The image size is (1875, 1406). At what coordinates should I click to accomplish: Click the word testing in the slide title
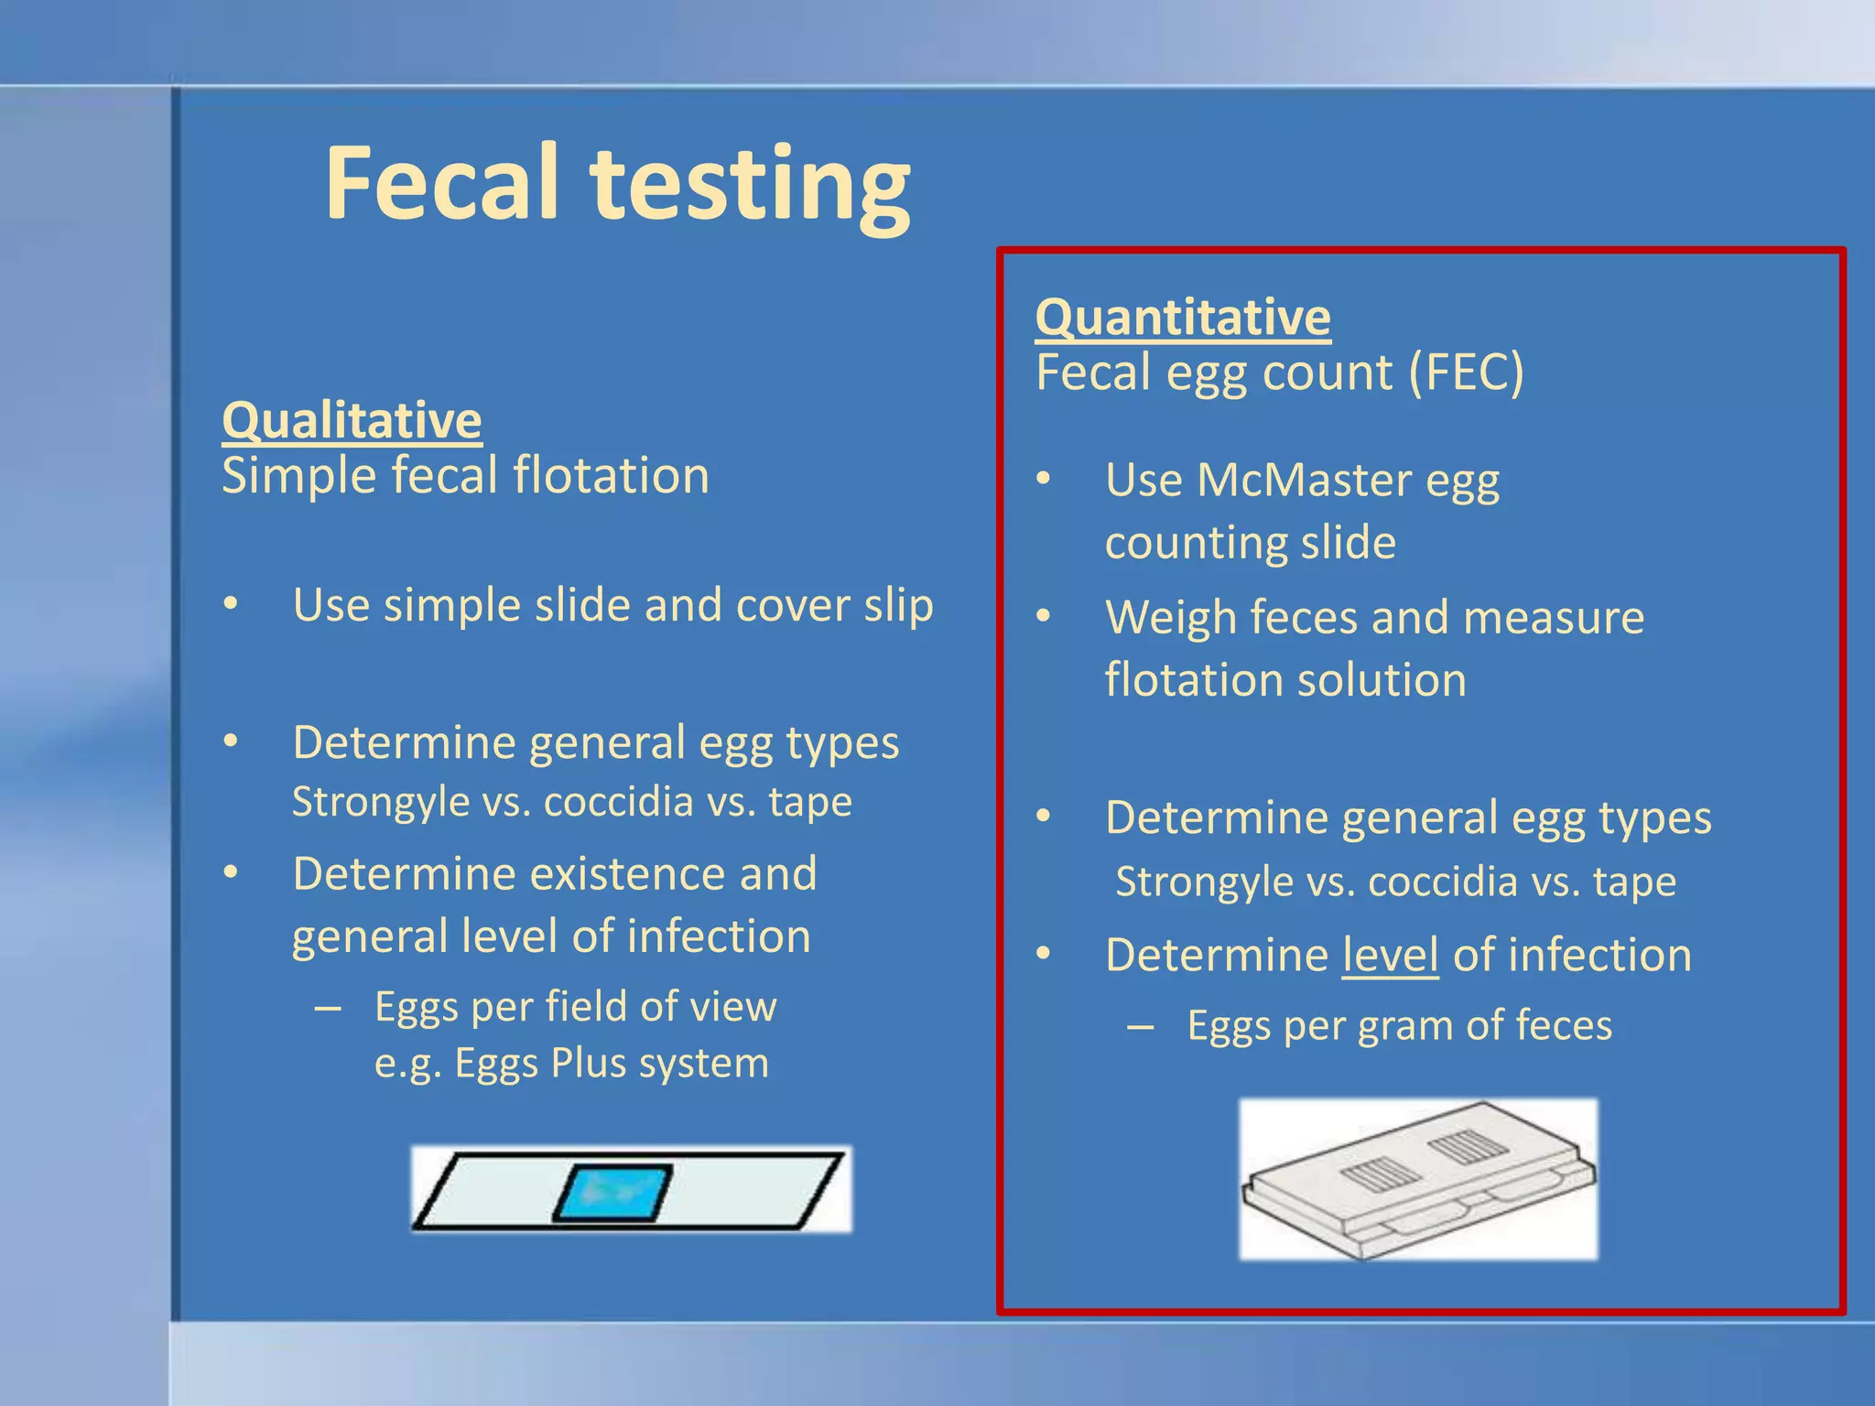click(751, 188)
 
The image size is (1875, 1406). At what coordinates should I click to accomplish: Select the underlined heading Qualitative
click(352, 420)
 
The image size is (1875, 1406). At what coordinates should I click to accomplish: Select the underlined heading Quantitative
click(1182, 318)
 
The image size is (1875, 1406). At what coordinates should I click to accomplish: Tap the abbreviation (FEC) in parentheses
click(1467, 373)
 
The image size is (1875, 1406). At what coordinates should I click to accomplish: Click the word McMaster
click(1304, 480)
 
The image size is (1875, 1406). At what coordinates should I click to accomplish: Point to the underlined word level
click(1390, 956)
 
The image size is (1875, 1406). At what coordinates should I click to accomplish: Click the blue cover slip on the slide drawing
click(612, 1193)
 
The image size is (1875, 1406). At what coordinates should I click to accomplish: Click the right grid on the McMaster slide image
click(1468, 1146)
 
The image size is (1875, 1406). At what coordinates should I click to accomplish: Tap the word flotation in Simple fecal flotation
click(611, 476)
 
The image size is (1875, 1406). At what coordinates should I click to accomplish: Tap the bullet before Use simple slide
click(231, 604)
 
